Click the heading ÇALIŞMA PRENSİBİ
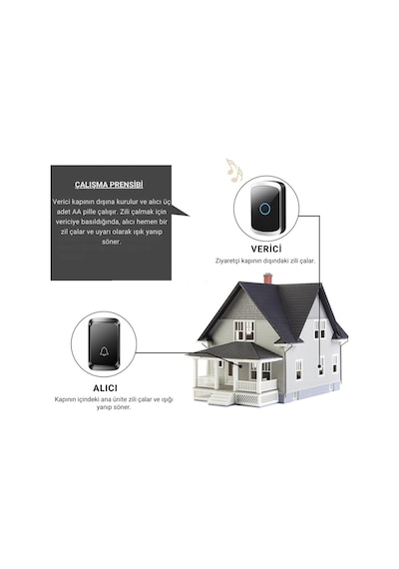point(109,185)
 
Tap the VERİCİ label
point(266,249)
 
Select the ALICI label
point(105,388)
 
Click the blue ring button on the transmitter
point(265,209)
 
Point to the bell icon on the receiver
point(104,351)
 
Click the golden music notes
point(233,170)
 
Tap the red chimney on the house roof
point(267,279)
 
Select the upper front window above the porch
point(244,330)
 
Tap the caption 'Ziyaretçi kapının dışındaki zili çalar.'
point(265,261)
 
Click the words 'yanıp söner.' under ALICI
point(114,407)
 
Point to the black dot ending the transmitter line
point(320,367)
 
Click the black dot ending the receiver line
point(240,365)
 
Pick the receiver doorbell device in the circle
point(105,344)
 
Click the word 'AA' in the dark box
point(78,212)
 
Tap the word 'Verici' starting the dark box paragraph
point(62,202)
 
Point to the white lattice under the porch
point(247,399)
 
